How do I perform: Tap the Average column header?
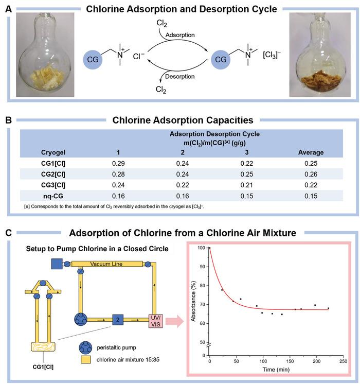[x=311, y=152]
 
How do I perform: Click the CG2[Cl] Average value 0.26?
[x=311, y=174]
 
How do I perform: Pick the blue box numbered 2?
[x=118, y=320]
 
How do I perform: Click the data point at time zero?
[x=210, y=248]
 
